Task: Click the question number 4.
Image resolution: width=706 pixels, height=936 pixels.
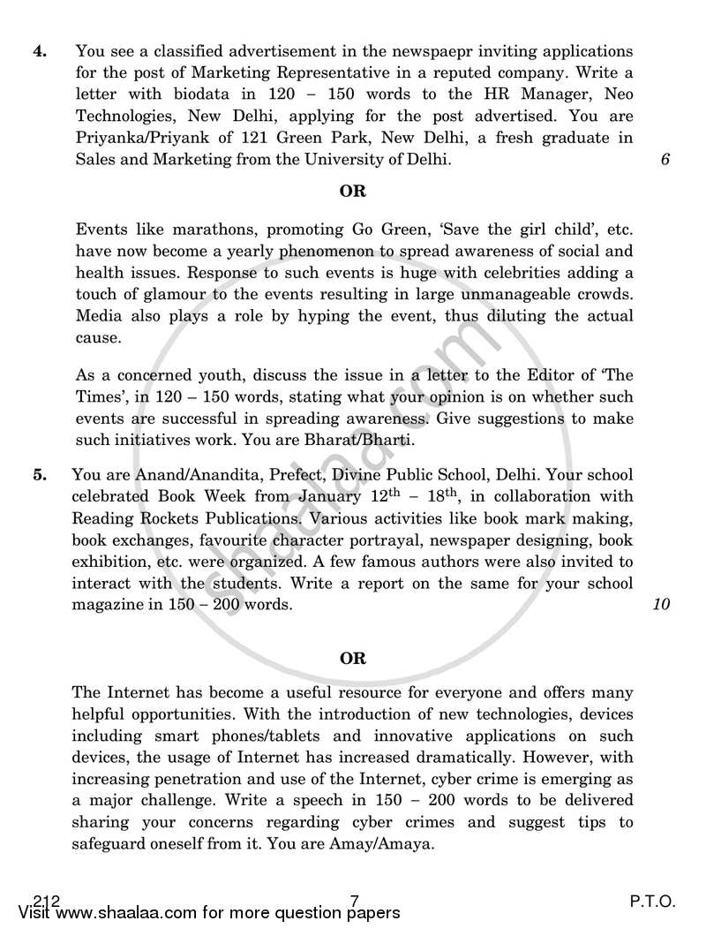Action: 39,50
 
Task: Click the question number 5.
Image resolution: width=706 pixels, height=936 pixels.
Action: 39,474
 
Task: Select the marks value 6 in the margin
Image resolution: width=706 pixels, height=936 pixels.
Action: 665,160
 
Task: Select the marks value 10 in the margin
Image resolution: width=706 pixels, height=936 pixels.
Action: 662,605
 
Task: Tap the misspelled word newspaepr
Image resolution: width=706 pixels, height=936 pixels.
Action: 398,50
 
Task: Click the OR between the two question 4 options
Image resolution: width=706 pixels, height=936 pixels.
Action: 352,191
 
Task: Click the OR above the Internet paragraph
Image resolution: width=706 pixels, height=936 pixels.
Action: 352,658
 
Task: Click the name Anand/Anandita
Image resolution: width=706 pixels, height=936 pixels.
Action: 180,474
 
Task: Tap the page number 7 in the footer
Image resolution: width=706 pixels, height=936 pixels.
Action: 354,901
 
